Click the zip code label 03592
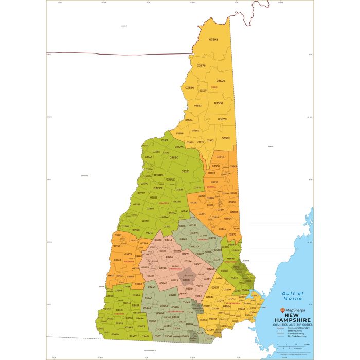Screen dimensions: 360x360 click(x=213, y=40)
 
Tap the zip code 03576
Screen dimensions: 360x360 click(x=201, y=65)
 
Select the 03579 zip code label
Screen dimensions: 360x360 click(x=221, y=81)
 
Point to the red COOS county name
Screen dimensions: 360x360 click(x=214, y=87)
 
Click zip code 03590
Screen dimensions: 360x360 click(x=190, y=88)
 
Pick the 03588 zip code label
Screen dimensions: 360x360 click(x=219, y=103)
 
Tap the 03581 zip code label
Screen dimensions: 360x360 click(x=226, y=138)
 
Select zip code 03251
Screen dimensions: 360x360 click(x=186, y=171)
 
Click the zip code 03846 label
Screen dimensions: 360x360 click(x=220, y=156)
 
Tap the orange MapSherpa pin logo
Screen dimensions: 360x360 click(x=281, y=311)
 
